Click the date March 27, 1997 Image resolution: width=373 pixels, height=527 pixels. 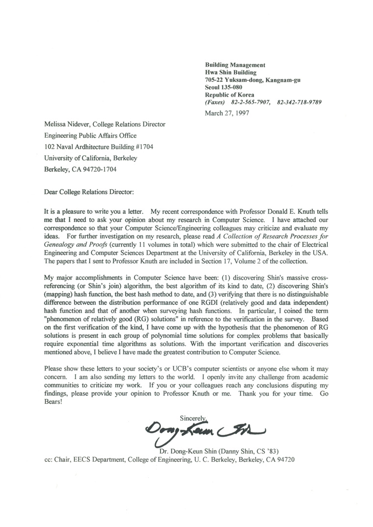click(227, 112)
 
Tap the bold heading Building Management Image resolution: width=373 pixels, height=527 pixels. click(235, 65)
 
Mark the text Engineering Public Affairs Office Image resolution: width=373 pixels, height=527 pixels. click(90, 136)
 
